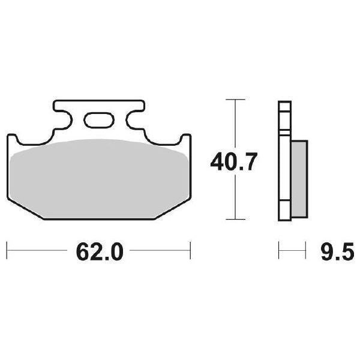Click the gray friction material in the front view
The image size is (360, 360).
tap(99, 177)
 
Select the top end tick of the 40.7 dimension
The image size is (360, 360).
tap(235, 99)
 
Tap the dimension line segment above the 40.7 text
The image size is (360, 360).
tap(235, 123)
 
